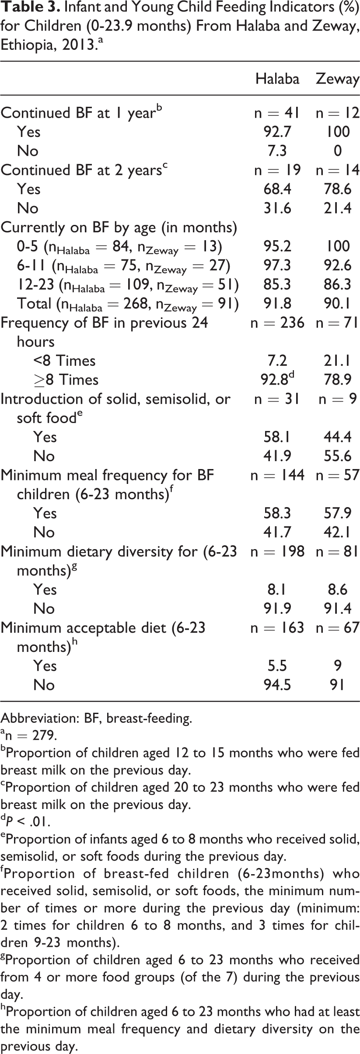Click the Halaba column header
tap(277, 79)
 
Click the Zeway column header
tap(337, 79)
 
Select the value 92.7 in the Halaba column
tap(277, 132)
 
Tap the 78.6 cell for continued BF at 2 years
tap(337, 189)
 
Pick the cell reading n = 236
tap(277, 322)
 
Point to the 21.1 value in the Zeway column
tap(337, 361)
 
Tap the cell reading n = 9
tap(337, 399)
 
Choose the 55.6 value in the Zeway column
tap(337, 456)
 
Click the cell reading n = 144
tap(277, 475)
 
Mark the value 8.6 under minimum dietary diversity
tap(337, 589)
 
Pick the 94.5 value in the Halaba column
tap(277, 685)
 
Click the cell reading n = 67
tap(337, 627)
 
